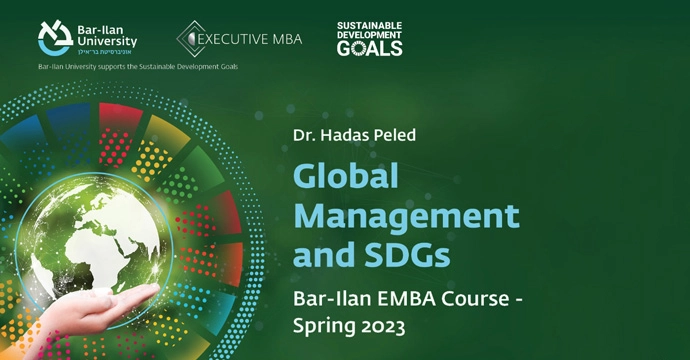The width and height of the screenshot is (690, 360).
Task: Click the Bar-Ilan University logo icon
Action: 55,36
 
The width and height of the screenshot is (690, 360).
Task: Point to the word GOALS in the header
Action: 370,47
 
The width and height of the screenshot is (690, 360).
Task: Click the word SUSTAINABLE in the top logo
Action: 369,24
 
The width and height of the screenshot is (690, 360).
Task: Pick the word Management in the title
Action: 405,216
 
